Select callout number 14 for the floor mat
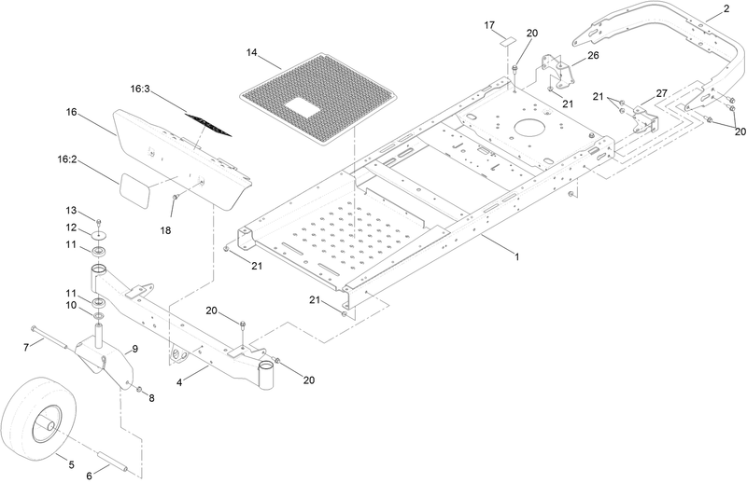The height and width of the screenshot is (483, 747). pyautogui.click(x=252, y=52)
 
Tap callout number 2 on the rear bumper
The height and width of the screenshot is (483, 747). pyautogui.click(x=726, y=8)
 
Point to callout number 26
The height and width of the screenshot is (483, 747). pyautogui.click(x=593, y=55)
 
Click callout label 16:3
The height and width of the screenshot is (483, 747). pyautogui.click(x=140, y=89)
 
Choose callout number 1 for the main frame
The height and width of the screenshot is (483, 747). pyautogui.click(x=517, y=257)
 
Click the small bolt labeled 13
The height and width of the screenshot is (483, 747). pyautogui.click(x=99, y=222)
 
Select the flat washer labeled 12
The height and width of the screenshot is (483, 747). pyautogui.click(x=100, y=236)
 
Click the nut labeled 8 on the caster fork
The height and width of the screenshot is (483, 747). pyautogui.click(x=139, y=390)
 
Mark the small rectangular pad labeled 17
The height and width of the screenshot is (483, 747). pyautogui.click(x=507, y=41)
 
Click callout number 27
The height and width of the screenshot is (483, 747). pyautogui.click(x=662, y=93)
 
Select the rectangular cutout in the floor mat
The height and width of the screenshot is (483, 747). pyautogui.click(x=303, y=106)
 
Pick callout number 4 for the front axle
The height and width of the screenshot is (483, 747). pyautogui.click(x=179, y=382)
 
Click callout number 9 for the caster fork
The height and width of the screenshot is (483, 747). pyautogui.click(x=134, y=349)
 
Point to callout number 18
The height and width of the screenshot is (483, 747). pyautogui.click(x=165, y=230)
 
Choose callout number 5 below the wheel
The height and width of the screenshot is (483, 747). pyautogui.click(x=72, y=464)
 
